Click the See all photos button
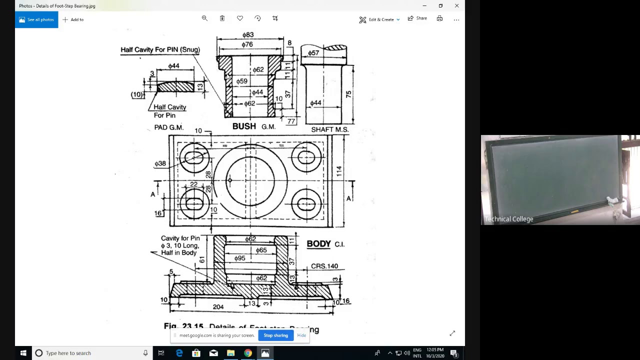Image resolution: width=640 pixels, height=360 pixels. click(x=36, y=19)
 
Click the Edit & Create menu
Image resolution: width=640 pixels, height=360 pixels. click(x=379, y=19)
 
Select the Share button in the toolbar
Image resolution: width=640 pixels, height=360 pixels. click(x=417, y=18)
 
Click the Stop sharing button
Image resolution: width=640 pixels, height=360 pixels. click(x=275, y=335)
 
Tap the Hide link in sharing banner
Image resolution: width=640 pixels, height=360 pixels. click(x=301, y=335)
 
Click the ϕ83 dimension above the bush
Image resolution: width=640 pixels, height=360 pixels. click(x=248, y=35)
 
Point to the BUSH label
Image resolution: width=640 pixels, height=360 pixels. click(x=244, y=126)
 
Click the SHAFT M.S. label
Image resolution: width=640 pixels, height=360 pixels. click(x=329, y=129)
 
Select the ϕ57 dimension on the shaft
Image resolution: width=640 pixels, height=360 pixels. click(x=313, y=53)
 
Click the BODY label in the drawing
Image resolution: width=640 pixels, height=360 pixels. click(x=318, y=244)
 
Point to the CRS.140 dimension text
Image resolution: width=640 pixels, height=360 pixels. click(x=324, y=266)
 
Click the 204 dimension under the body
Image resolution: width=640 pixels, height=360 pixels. click(x=218, y=307)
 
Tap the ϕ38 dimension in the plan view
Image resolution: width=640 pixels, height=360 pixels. click(x=160, y=163)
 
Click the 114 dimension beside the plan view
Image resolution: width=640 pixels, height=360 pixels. click(x=339, y=171)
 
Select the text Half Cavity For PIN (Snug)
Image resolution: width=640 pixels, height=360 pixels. click(x=160, y=49)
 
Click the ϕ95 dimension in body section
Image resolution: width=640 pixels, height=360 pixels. click(x=239, y=258)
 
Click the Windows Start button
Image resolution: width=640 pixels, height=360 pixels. click(x=23, y=353)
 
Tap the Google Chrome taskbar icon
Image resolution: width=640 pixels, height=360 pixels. click(x=248, y=353)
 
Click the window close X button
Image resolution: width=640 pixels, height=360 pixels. click(x=456, y=6)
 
